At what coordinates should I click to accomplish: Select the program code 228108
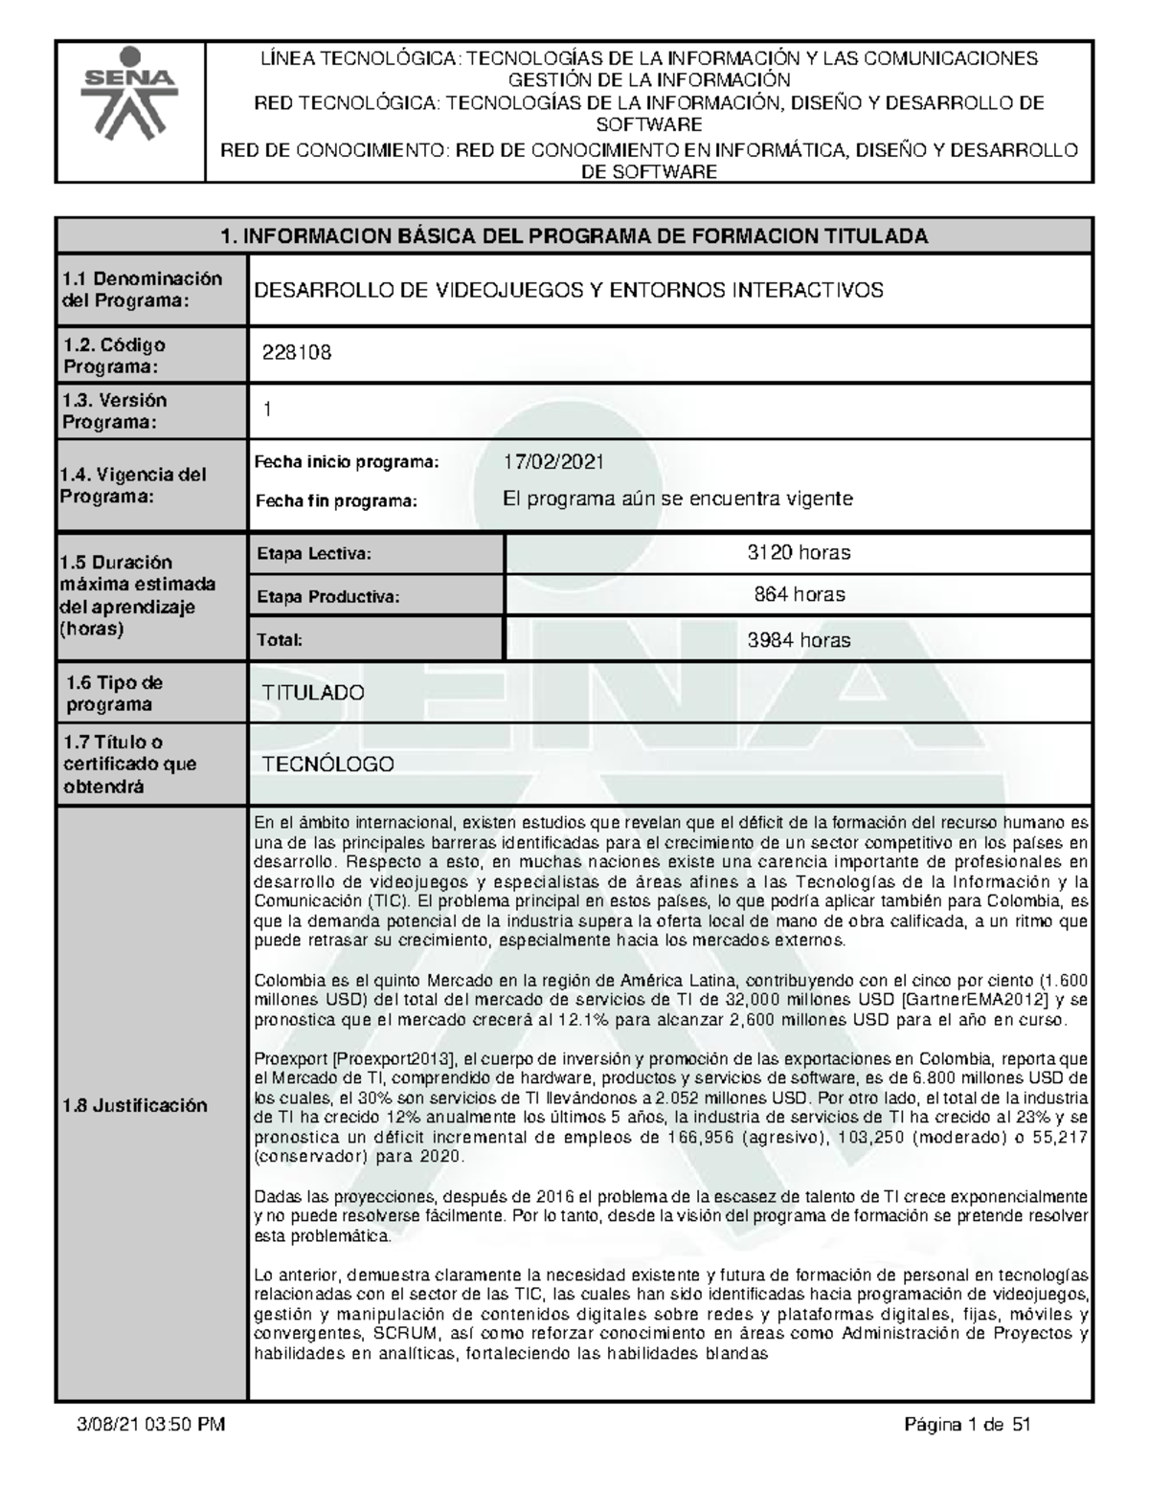(x=298, y=352)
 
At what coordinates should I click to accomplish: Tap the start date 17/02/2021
(x=554, y=462)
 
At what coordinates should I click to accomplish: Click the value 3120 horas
(x=799, y=552)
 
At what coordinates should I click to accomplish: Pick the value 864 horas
(x=799, y=594)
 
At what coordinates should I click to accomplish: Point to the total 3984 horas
(x=799, y=640)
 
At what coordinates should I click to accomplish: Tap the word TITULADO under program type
(x=314, y=693)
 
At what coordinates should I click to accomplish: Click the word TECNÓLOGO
(x=328, y=765)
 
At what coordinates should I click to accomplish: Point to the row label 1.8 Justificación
(x=133, y=1105)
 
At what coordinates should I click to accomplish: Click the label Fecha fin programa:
(x=336, y=500)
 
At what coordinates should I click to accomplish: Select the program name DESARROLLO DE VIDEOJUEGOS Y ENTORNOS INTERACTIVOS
(x=568, y=290)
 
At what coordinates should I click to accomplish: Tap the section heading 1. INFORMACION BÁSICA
(x=574, y=236)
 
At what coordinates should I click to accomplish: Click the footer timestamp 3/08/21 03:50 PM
(x=150, y=1426)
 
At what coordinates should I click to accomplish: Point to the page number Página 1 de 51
(x=967, y=1426)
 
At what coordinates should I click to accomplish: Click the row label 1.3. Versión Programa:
(x=114, y=410)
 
